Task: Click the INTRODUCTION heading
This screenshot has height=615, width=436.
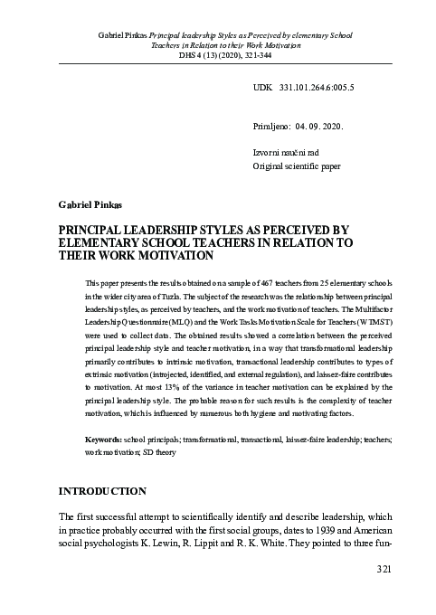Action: pos(101,492)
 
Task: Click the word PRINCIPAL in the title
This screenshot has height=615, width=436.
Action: pos(91,231)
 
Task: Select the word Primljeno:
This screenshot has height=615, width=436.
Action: pos(270,128)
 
